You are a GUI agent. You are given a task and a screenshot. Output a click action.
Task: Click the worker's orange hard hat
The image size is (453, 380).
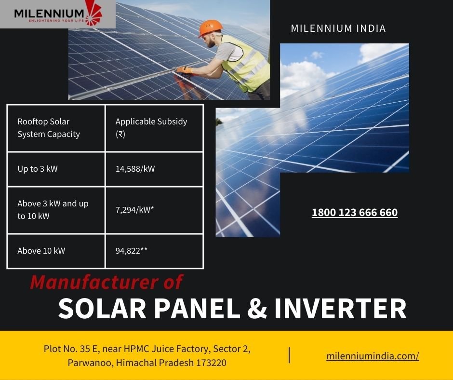click(x=210, y=27)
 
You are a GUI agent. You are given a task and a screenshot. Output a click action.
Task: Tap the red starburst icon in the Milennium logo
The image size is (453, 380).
click(x=93, y=13)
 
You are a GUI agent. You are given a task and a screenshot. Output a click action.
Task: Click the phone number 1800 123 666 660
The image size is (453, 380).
click(x=355, y=213)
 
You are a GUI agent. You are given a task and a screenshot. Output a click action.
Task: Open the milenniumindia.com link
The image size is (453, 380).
click(x=373, y=356)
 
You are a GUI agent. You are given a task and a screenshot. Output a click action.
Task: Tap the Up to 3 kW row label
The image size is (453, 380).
click(x=38, y=169)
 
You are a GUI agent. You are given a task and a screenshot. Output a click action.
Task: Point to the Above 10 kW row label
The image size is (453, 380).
click(x=41, y=250)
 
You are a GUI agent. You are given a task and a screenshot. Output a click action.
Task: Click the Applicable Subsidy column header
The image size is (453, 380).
click(x=151, y=127)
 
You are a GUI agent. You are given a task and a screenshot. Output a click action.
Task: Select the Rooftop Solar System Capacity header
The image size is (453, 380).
click(x=49, y=127)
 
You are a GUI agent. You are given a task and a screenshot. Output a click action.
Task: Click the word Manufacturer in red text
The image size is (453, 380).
click(x=94, y=282)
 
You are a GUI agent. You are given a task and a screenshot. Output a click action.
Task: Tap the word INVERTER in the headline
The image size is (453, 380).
click(x=340, y=308)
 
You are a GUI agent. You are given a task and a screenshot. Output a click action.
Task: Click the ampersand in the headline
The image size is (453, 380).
click(x=257, y=308)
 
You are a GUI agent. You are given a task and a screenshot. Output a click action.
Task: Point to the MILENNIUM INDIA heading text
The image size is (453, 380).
click(x=338, y=28)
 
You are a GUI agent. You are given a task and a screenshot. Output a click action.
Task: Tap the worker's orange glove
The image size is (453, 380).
click(x=184, y=70)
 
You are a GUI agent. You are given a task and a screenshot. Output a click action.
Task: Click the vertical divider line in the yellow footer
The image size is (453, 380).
click(x=289, y=355)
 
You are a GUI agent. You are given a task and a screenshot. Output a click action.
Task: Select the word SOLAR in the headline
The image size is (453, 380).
click(x=102, y=308)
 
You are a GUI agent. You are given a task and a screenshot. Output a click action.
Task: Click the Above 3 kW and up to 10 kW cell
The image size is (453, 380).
click(x=53, y=210)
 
